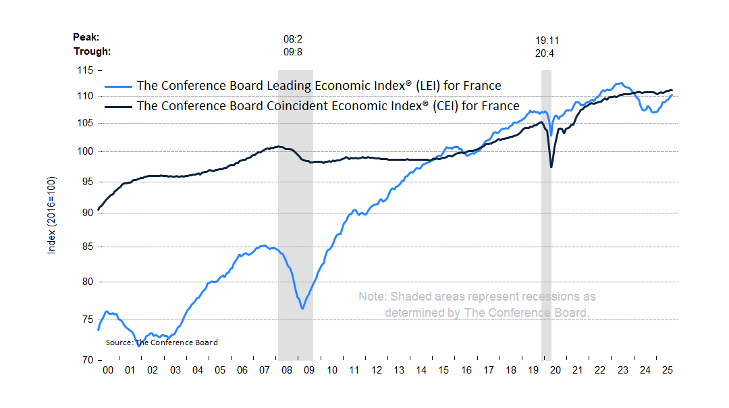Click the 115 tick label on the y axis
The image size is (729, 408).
tap(85, 70)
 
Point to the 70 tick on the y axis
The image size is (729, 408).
tap(88, 360)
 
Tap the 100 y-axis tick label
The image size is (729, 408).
tap(85, 151)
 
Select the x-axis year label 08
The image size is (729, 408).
tap(286, 370)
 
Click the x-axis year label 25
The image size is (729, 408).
tap(666, 370)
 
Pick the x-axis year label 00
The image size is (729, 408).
tap(108, 370)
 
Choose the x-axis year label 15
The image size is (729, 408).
tap(443, 370)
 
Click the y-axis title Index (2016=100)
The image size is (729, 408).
tap(51, 215)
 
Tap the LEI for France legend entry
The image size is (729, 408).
tap(319, 86)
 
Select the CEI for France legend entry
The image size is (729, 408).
tap(328, 106)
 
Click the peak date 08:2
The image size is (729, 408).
tap(293, 39)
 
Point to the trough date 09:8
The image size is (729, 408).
tap(293, 52)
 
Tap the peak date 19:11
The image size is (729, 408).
tap(545, 41)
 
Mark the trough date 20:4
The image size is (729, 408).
tap(545, 53)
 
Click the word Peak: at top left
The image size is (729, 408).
tap(86, 38)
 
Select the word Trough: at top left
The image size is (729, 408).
tap(92, 51)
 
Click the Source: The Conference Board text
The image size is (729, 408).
tap(162, 342)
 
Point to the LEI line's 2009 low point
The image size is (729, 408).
tap(302, 309)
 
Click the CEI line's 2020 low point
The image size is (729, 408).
tap(551, 168)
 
